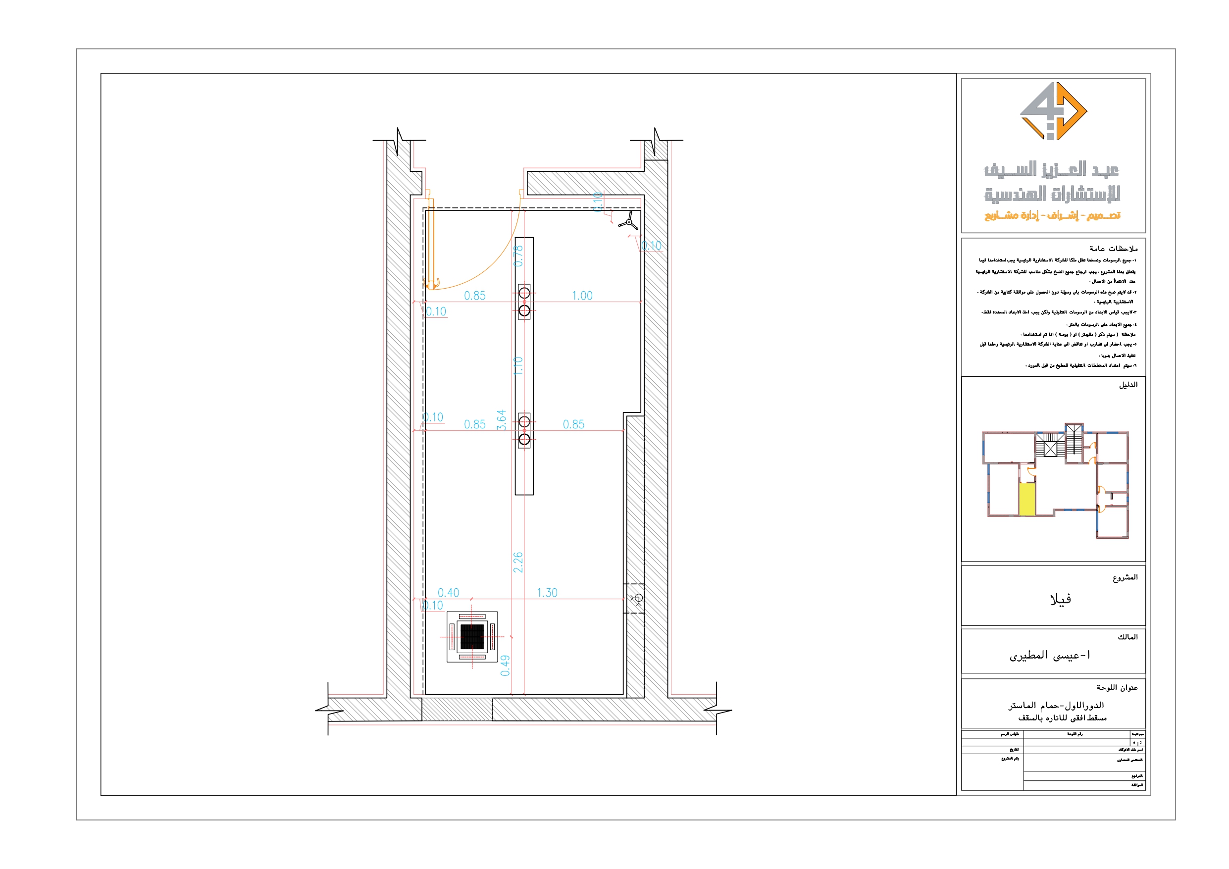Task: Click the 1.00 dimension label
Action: point(582,296)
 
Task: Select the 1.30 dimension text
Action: point(547,593)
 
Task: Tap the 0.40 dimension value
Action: point(449,593)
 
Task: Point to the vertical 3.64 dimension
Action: point(502,420)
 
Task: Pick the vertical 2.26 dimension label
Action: point(517,562)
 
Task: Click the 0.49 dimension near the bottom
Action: point(505,665)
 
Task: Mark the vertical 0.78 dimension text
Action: point(518,256)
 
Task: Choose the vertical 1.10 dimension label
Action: point(518,366)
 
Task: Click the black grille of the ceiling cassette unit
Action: point(471,637)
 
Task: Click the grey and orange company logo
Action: point(1053,111)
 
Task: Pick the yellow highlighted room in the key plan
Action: point(1026,499)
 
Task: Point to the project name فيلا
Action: point(1060,600)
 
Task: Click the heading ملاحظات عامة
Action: point(1114,249)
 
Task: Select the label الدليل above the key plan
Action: point(1128,385)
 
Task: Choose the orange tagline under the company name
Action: point(1052,215)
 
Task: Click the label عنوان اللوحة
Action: point(1117,687)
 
